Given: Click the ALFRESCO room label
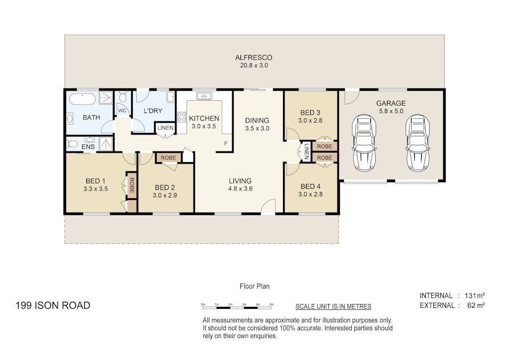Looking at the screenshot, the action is tap(254, 58).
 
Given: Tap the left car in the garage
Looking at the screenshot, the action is tap(364, 142).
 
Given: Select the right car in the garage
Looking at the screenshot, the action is tap(418, 142).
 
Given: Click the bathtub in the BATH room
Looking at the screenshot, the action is tap(83, 99).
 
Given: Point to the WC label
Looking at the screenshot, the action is tap(122, 111).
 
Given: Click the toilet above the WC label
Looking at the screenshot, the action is tap(123, 97).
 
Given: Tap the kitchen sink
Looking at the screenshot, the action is tap(204, 96).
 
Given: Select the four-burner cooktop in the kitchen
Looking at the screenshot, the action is tap(182, 117).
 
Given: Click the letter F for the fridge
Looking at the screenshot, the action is tap(226, 143).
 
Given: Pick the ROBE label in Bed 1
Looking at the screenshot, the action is tap(132, 185).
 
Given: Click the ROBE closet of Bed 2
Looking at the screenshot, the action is tap(168, 158).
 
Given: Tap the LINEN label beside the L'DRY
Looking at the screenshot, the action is tap(166, 127).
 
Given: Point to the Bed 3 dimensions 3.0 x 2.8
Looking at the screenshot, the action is tap(310, 121).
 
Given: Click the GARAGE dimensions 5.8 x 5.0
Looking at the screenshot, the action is tap(391, 111).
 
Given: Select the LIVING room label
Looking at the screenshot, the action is tap(240, 181).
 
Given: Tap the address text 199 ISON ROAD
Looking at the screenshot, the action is tap(53, 306).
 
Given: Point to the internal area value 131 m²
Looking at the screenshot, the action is tap(475, 295).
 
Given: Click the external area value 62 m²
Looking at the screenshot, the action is tap(476, 306).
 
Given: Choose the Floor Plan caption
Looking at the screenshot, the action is tap(255, 286).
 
